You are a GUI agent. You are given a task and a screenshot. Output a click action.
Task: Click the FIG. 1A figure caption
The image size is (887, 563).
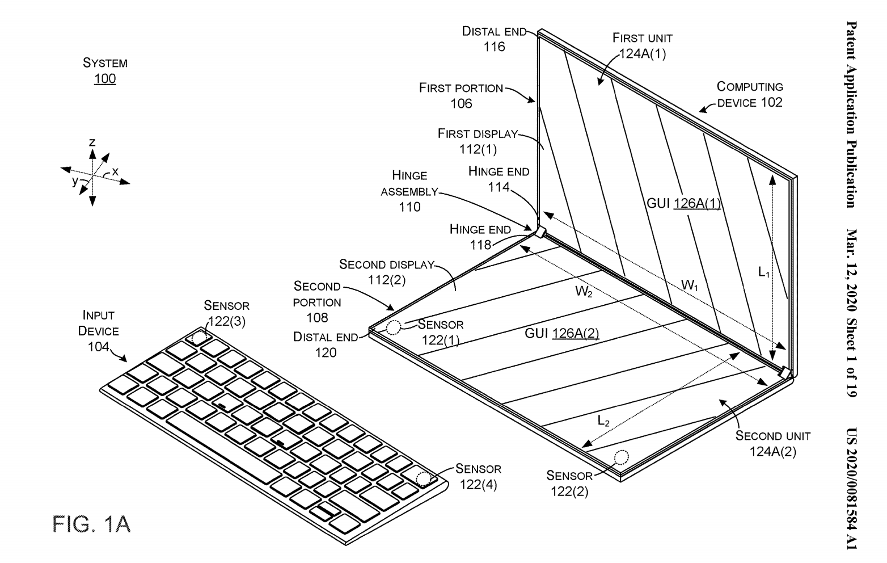[91, 524]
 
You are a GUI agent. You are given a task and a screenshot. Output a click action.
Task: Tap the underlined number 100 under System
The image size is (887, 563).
[105, 78]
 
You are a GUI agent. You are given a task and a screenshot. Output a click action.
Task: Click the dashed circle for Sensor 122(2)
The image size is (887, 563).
[622, 459]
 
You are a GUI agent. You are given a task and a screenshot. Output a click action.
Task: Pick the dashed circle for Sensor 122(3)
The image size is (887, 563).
[199, 338]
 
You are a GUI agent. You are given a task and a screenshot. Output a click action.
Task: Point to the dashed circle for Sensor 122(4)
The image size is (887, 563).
[424, 478]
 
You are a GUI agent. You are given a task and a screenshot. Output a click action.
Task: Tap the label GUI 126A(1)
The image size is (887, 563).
[683, 203]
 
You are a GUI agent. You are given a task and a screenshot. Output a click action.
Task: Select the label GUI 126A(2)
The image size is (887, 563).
[561, 333]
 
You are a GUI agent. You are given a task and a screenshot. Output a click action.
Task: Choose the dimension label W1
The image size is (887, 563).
[690, 285]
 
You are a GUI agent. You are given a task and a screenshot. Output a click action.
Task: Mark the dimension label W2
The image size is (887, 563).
[584, 292]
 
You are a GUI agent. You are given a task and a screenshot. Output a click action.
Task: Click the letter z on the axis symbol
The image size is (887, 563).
[92, 142]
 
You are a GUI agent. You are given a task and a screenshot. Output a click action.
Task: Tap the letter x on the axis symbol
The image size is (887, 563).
[115, 171]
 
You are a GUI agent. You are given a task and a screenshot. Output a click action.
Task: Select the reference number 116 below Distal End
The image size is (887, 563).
[494, 47]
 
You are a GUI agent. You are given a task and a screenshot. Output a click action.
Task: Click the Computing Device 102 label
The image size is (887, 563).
[750, 94]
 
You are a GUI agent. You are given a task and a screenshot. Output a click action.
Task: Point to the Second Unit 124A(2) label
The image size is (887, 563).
[772, 443]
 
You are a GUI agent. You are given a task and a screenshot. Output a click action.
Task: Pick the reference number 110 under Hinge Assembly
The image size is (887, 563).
[409, 207]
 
